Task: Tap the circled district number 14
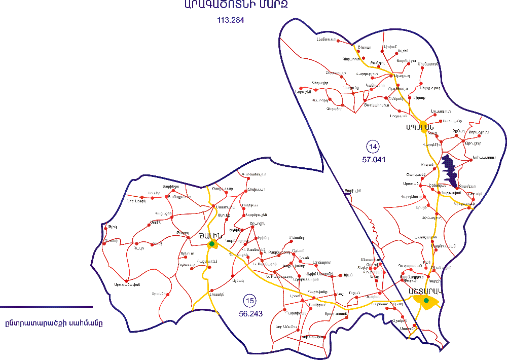coord(373,147)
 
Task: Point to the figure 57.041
coord(373,159)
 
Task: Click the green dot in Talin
coord(211,244)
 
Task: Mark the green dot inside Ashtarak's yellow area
coord(426,301)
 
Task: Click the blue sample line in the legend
coord(46,306)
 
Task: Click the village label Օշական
coord(399,320)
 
